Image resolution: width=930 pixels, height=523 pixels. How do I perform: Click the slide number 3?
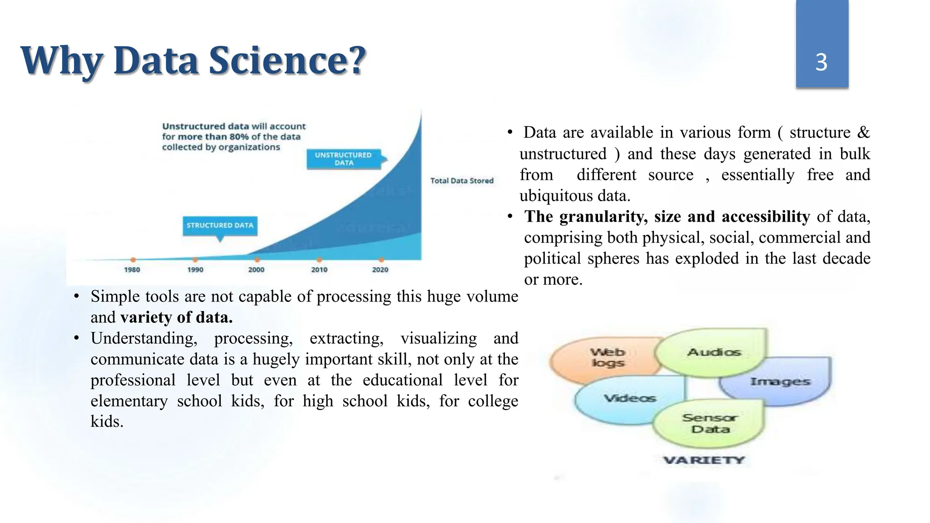821,62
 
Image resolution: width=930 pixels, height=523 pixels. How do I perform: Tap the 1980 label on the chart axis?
132,270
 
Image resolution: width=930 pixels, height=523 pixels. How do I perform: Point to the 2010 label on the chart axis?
319,270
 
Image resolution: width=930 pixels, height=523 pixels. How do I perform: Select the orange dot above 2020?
381,260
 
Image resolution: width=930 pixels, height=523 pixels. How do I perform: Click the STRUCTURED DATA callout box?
220,226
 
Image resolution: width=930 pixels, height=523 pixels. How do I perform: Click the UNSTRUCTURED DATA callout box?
343,159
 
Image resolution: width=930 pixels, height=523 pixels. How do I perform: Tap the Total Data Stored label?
462,181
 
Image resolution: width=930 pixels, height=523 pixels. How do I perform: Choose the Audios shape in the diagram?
713,352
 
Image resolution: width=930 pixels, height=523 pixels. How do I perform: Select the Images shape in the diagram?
780,382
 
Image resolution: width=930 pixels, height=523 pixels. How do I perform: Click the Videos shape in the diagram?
630,399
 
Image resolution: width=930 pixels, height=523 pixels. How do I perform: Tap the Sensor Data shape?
710,423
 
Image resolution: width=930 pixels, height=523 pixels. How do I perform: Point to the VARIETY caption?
703,460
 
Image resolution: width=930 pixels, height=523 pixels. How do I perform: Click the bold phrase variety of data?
177,317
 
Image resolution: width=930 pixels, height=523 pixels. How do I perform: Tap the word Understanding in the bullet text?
143,339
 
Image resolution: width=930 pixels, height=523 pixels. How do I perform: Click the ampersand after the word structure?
863,133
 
